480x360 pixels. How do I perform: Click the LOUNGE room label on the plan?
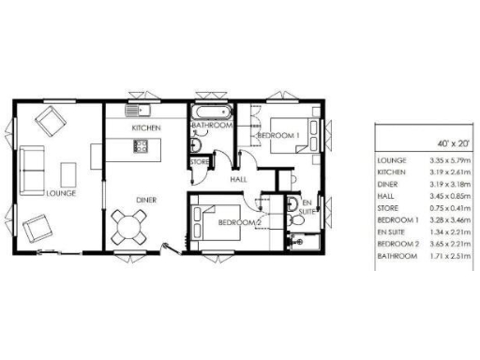click(59, 193)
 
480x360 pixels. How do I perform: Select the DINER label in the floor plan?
click(145, 200)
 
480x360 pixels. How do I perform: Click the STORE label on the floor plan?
click(200, 162)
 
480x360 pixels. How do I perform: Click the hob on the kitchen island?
click(142, 145)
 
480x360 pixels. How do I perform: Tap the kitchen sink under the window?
click(142, 110)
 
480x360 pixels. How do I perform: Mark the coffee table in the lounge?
click(68, 174)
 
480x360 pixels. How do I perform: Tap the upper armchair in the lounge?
click(49, 121)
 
